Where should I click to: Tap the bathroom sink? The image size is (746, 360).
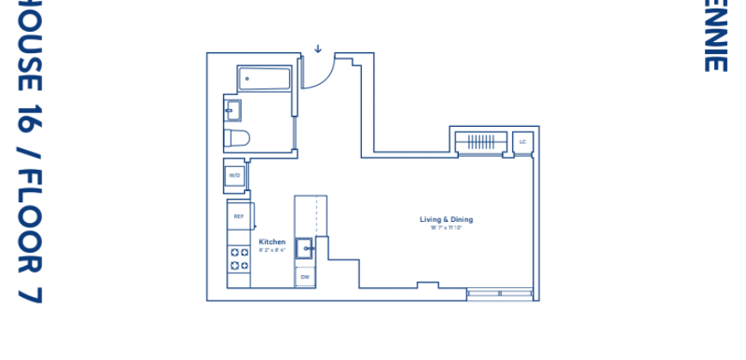[x=233, y=111]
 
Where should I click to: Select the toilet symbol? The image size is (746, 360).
[x=237, y=138]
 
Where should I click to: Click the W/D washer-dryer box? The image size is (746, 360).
[x=234, y=177]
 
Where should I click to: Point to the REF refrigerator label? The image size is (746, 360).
[x=239, y=217]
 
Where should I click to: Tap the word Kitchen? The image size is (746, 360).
[x=273, y=242]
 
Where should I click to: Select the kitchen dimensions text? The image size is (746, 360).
[x=273, y=249]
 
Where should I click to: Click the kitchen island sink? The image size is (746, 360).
[x=305, y=248]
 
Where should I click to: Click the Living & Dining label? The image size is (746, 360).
[x=446, y=219]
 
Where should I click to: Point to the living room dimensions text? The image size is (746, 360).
[x=446, y=227]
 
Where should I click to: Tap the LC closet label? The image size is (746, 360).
[x=522, y=141]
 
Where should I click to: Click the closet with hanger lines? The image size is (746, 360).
[x=481, y=141]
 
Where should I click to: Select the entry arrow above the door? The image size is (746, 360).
[x=317, y=48]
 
